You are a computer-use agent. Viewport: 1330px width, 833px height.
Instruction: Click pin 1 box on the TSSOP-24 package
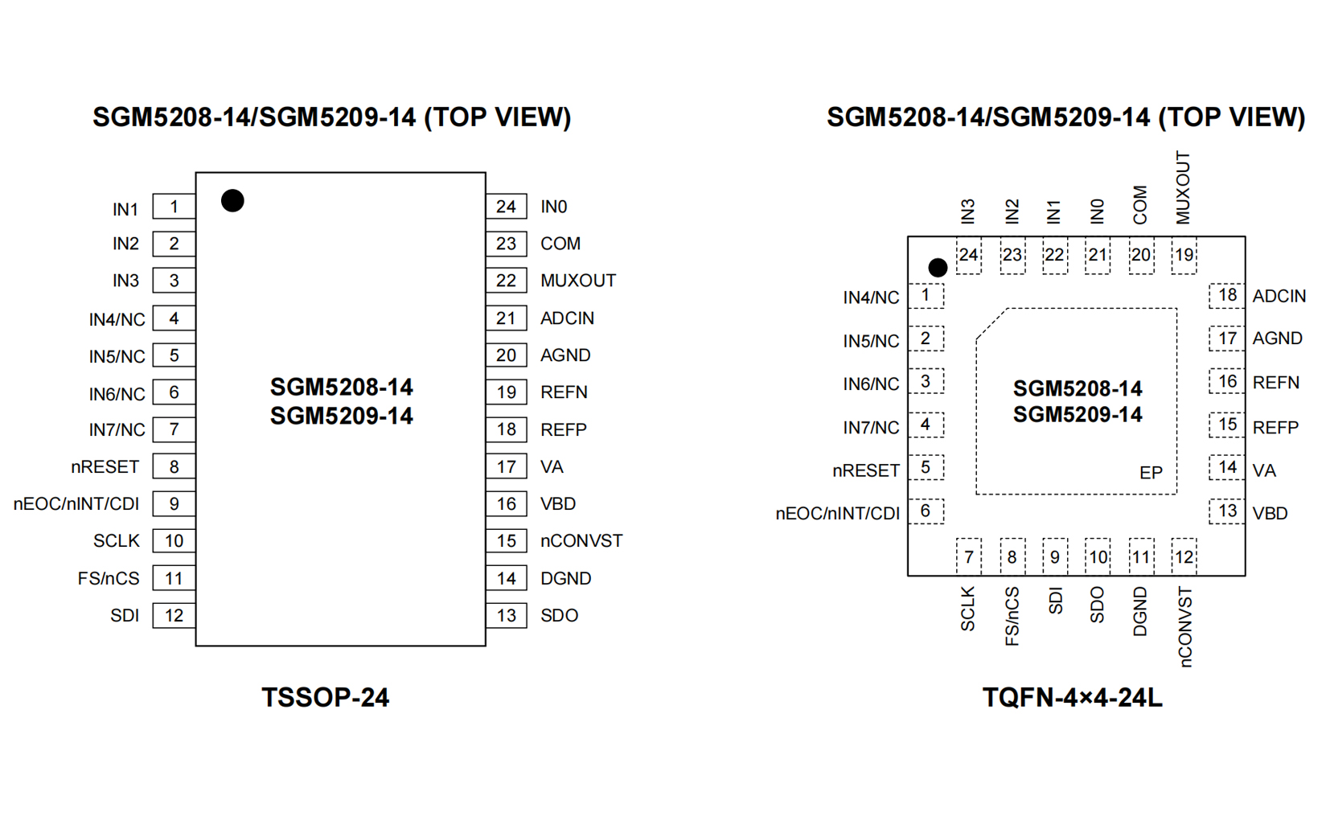click(x=174, y=207)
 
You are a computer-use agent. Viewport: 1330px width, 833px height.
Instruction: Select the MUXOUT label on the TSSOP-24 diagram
click(x=577, y=281)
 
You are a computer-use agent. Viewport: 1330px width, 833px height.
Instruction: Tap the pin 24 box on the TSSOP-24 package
click(x=506, y=207)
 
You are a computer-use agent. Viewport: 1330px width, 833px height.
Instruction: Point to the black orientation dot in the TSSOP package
click(x=232, y=200)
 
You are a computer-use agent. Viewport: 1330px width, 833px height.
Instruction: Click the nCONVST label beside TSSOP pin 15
click(x=581, y=541)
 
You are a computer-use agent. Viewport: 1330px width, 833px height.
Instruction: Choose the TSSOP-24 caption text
click(x=325, y=697)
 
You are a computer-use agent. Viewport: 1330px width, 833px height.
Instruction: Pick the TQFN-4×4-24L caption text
click(x=1072, y=697)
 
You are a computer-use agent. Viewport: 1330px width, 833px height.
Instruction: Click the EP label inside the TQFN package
click(x=1151, y=473)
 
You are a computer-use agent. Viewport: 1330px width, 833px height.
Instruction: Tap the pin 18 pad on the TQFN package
click(x=1227, y=295)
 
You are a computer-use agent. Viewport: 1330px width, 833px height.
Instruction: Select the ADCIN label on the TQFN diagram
click(x=1279, y=296)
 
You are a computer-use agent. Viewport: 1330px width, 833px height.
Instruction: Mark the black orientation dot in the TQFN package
click(x=938, y=267)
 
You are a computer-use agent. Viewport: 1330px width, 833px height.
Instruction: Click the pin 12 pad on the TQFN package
click(x=1184, y=556)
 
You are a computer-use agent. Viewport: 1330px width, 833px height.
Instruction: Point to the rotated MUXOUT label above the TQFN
click(x=1183, y=187)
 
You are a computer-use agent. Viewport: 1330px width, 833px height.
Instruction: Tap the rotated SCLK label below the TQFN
click(x=968, y=609)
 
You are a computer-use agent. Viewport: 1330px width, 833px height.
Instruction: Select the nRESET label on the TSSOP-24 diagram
click(x=105, y=467)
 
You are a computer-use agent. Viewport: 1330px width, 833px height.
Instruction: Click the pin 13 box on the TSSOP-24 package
click(x=506, y=616)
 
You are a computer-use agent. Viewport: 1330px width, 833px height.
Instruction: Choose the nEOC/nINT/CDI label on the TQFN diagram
click(x=837, y=514)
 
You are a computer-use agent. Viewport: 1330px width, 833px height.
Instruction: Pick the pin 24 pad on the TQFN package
click(x=968, y=256)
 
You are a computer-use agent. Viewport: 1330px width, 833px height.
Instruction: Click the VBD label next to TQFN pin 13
click(x=1270, y=514)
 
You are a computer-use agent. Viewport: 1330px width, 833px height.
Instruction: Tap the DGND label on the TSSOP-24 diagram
click(x=565, y=579)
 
